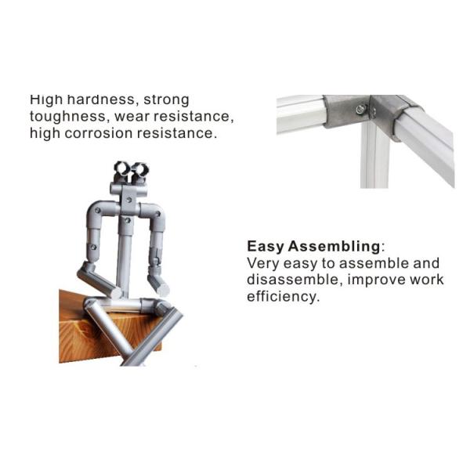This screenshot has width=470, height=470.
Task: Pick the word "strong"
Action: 166,100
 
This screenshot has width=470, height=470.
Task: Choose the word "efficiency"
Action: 283,297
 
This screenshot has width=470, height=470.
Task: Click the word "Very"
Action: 264,263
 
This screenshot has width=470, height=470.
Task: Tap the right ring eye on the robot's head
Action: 141,168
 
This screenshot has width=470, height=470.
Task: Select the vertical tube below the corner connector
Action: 374,157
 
